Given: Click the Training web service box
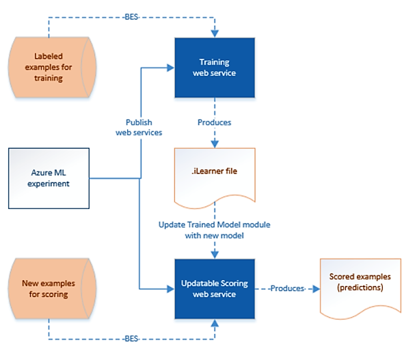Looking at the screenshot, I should point(214,67).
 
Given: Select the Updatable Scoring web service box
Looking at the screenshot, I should point(214,289).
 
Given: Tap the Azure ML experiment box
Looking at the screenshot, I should point(49,179).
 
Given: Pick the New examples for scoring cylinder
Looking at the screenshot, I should point(49,288).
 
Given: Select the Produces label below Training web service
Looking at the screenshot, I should point(214,122).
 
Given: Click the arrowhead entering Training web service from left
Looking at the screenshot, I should point(171,67).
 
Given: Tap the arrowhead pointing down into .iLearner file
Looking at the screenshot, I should point(214,144).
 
